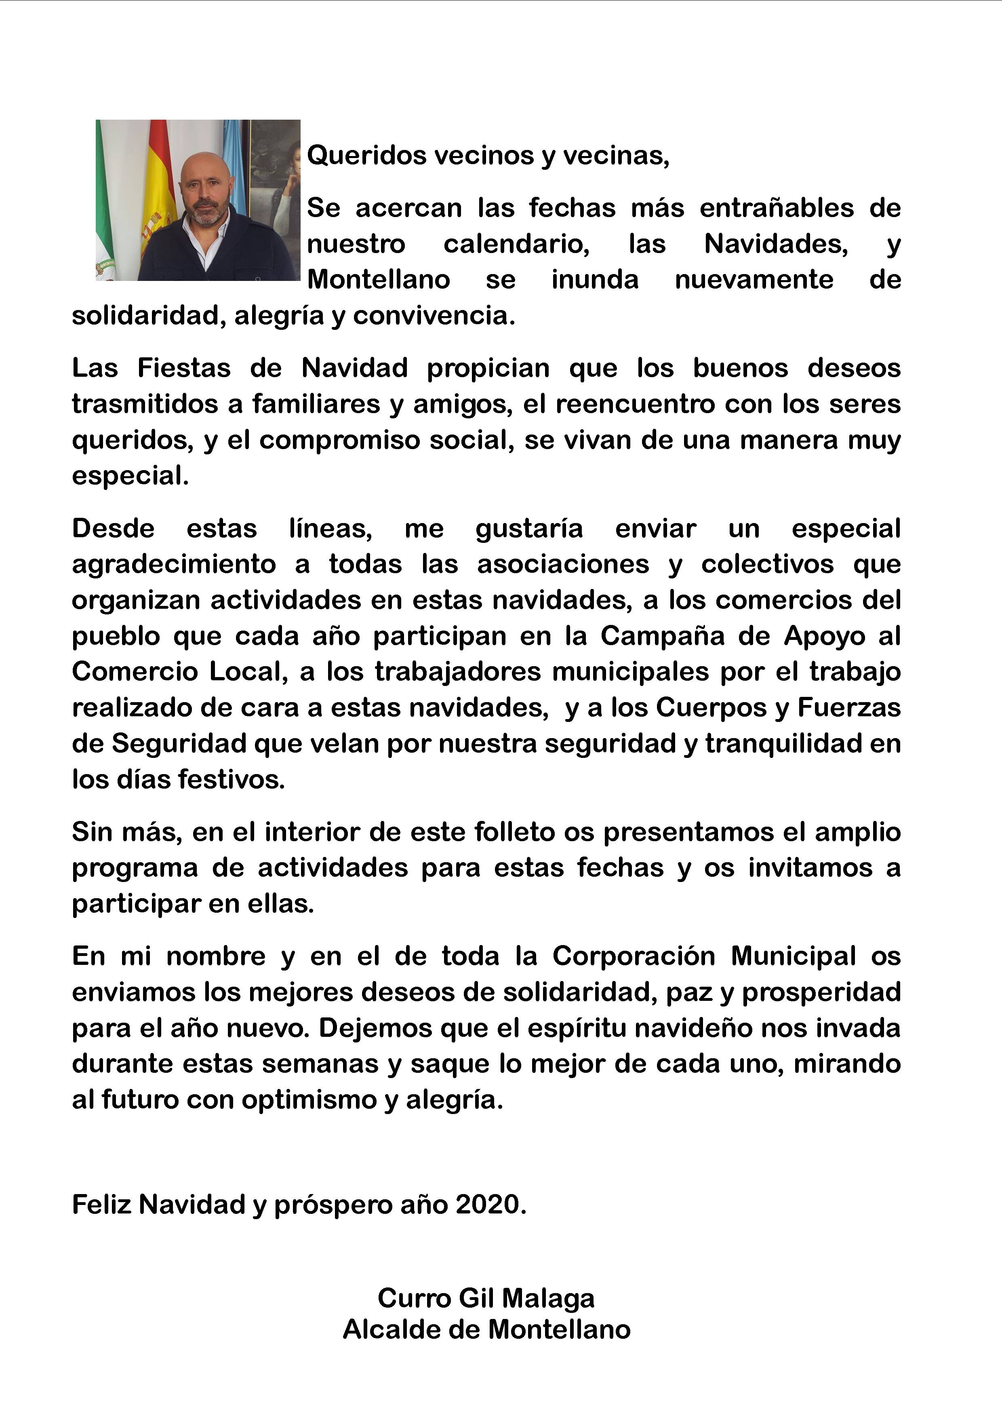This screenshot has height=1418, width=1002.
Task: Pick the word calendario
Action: point(516,244)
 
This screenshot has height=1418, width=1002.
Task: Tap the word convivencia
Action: point(434,316)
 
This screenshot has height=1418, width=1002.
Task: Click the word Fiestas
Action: point(184,368)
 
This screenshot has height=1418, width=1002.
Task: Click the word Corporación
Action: point(634,956)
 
